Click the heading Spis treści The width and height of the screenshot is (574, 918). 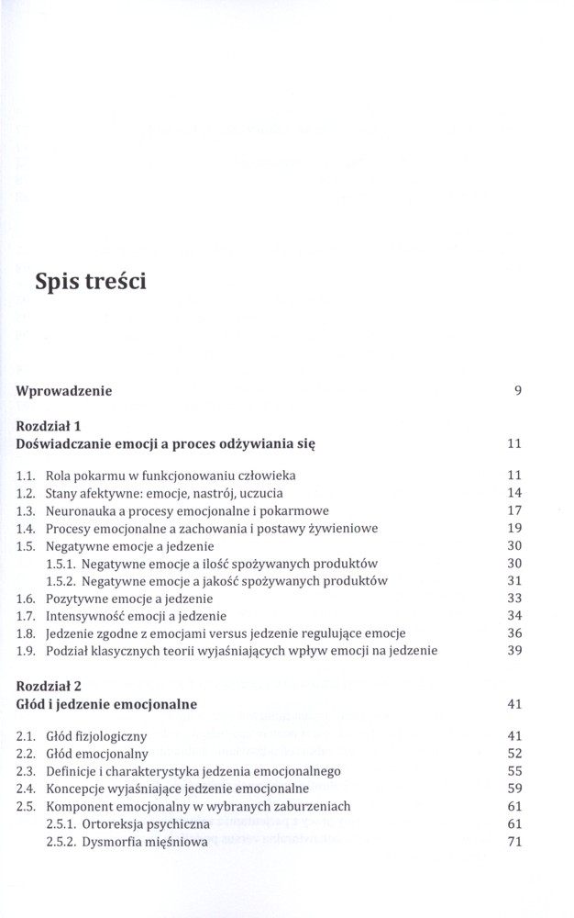(89, 280)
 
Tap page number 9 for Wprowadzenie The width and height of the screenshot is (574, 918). (518, 391)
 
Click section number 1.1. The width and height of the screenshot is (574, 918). (27, 476)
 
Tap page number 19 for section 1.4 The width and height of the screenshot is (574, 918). (513, 528)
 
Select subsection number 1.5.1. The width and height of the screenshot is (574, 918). (61, 563)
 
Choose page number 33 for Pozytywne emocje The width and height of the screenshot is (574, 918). (513, 598)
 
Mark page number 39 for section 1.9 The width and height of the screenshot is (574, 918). (513, 650)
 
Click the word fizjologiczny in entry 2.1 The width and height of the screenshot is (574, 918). (127, 736)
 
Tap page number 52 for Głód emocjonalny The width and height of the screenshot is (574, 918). (513, 754)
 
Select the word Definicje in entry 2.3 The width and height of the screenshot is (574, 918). (73, 771)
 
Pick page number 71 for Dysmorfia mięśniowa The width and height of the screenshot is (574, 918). (513, 841)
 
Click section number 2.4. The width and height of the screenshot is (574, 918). (27, 789)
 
